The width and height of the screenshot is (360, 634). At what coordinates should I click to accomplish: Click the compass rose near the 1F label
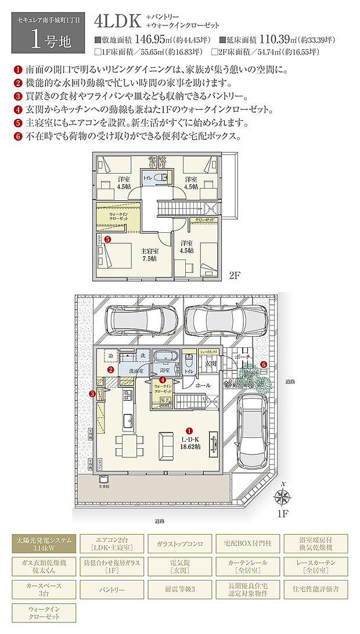click(283, 496)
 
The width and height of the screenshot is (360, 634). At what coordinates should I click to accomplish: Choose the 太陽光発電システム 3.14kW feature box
click(43, 543)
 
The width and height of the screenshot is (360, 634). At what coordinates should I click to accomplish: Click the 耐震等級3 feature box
click(180, 589)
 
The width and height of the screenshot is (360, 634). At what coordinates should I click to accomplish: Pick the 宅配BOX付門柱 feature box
click(248, 543)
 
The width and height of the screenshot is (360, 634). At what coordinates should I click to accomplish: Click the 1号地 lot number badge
click(44, 35)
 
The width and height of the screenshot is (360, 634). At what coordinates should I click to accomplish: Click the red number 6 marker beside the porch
click(264, 364)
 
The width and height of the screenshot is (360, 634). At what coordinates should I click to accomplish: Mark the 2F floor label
click(234, 276)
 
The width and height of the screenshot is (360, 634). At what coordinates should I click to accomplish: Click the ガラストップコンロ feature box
click(180, 543)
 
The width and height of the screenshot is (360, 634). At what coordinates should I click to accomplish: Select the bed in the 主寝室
click(118, 254)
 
